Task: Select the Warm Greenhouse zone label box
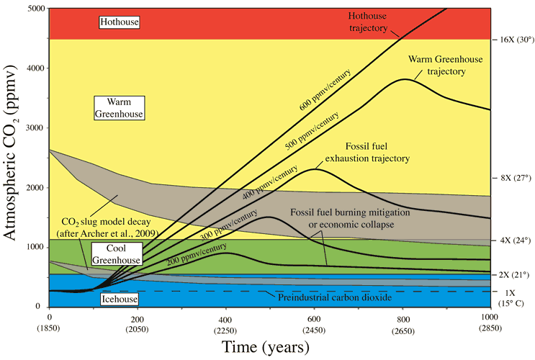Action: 120,108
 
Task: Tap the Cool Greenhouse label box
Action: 120,253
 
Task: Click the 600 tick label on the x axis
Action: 313,318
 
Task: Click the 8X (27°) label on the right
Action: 512,177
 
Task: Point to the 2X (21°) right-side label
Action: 512,275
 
